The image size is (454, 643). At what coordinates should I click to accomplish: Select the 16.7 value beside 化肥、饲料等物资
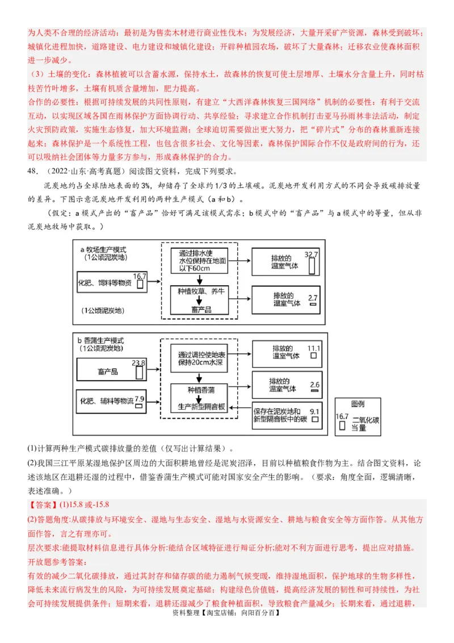(140, 276)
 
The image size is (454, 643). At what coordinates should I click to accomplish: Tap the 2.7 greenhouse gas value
(313, 298)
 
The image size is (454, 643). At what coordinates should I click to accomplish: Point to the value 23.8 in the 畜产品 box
(138, 362)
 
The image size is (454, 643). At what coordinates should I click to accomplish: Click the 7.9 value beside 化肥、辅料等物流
(139, 399)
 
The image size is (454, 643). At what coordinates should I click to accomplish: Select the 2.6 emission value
(315, 385)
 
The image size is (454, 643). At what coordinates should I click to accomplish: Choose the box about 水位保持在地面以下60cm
(203, 261)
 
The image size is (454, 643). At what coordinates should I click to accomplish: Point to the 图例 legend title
(358, 404)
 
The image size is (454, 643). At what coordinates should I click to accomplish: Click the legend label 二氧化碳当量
(367, 423)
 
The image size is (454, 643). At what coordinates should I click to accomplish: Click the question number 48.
(32, 172)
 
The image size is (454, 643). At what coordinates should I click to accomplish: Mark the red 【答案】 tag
(43, 504)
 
